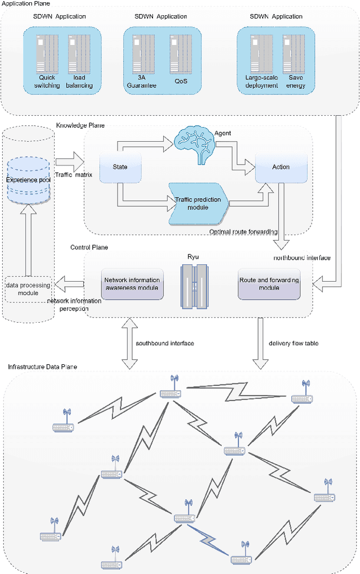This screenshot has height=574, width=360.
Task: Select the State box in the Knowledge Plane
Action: [120, 167]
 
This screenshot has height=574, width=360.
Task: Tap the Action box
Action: [281, 167]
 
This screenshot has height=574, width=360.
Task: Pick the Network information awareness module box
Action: [132, 283]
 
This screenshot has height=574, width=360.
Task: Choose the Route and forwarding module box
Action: [269, 283]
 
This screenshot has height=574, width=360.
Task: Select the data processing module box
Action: [28, 289]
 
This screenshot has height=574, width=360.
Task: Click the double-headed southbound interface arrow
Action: [129, 344]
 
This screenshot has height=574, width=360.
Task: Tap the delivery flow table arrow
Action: [260, 344]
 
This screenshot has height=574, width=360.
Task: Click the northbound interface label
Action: [301, 258]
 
